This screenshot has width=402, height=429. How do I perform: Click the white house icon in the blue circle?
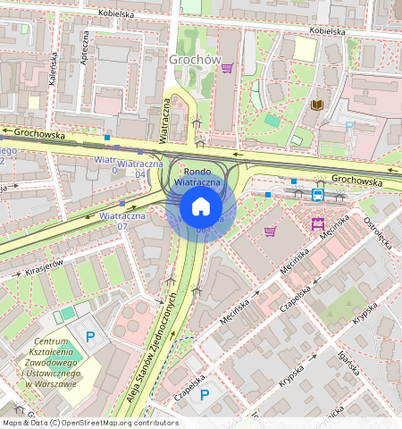pyautogui.click(x=201, y=207)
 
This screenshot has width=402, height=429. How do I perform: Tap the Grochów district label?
pyautogui.click(x=194, y=60)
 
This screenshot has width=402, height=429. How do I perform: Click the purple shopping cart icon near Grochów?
pyautogui.click(x=228, y=67)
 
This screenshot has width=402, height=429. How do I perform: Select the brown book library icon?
pyautogui.click(x=316, y=105)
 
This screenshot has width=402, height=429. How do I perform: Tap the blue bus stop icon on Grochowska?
pyautogui.click(x=318, y=194)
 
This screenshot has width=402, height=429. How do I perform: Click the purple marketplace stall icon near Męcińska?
pyautogui.click(x=317, y=223)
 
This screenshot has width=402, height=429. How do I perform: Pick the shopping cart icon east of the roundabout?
pyautogui.click(x=270, y=231)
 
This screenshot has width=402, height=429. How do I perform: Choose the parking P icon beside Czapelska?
pyautogui.click(x=205, y=394)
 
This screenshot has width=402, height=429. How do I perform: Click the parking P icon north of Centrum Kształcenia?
pyautogui.click(x=90, y=336)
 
